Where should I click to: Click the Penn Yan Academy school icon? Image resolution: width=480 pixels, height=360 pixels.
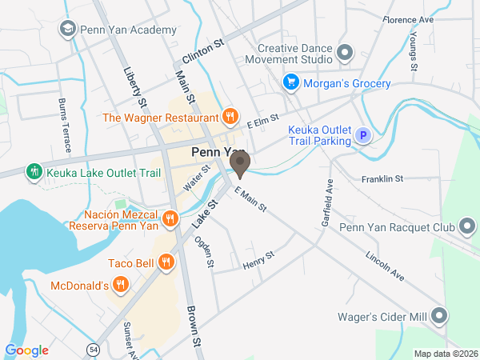(x=68, y=30)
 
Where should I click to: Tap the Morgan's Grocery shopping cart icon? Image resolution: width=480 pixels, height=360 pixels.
(x=291, y=83)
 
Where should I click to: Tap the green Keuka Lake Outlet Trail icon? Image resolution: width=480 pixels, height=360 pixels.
(x=34, y=170)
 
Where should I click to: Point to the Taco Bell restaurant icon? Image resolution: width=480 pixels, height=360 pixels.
(x=166, y=261)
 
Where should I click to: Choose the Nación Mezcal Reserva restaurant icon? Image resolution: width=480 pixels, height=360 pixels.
(x=170, y=218)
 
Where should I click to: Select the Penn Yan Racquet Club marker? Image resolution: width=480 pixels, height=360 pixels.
(x=466, y=227)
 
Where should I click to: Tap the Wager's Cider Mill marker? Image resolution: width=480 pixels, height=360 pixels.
(x=439, y=316)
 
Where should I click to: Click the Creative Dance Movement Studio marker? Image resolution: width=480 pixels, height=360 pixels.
(x=345, y=54)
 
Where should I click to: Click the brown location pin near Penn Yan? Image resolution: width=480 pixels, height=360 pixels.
(x=239, y=165)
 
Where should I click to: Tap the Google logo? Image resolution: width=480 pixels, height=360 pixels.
(x=26, y=350)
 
